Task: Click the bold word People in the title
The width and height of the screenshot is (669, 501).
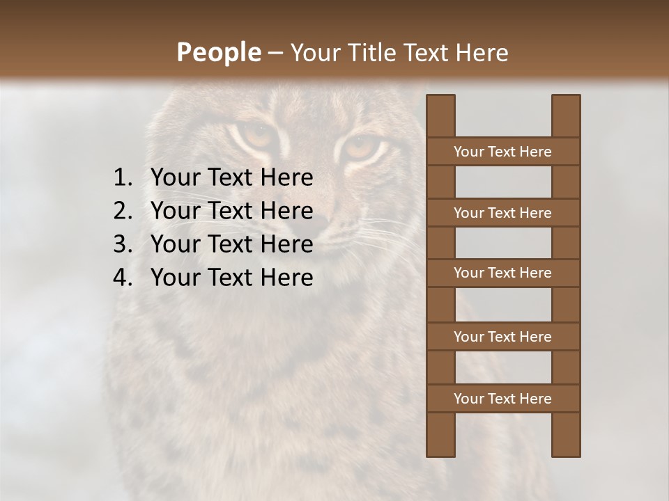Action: pyautogui.click(x=218, y=52)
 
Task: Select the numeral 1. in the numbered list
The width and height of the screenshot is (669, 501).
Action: pyautogui.click(x=123, y=178)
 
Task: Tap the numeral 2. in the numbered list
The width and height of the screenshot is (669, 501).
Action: pyautogui.click(x=123, y=211)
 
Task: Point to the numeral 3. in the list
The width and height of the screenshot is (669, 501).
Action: pyautogui.click(x=123, y=244)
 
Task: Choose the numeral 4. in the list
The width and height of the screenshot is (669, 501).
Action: pyautogui.click(x=123, y=278)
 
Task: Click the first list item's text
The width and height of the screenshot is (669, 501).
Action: pyautogui.click(x=232, y=178)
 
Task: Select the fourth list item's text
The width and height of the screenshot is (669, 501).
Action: pyautogui.click(x=232, y=278)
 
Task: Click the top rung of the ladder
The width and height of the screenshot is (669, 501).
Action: pyautogui.click(x=502, y=152)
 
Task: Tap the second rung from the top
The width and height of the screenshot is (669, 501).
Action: pyautogui.click(x=502, y=213)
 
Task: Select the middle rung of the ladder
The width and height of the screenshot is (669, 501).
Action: pyautogui.click(x=502, y=273)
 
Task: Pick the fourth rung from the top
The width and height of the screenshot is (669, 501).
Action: pyautogui.click(x=502, y=337)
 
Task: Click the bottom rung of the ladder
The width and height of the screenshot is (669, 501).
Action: pyautogui.click(x=502, y=399)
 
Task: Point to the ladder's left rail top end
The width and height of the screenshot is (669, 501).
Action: pyautogui.click(x=440, y=97)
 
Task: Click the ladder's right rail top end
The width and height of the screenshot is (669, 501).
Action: pyautogui.click(x=566, y=97)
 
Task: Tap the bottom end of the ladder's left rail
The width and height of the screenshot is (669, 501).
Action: pyautogui.click(x=440, y=454)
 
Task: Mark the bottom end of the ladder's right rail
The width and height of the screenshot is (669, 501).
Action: pyautogui.click(x=566, y=454)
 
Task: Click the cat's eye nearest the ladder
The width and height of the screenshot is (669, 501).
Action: pyautogui.click(x=360, y=148)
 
